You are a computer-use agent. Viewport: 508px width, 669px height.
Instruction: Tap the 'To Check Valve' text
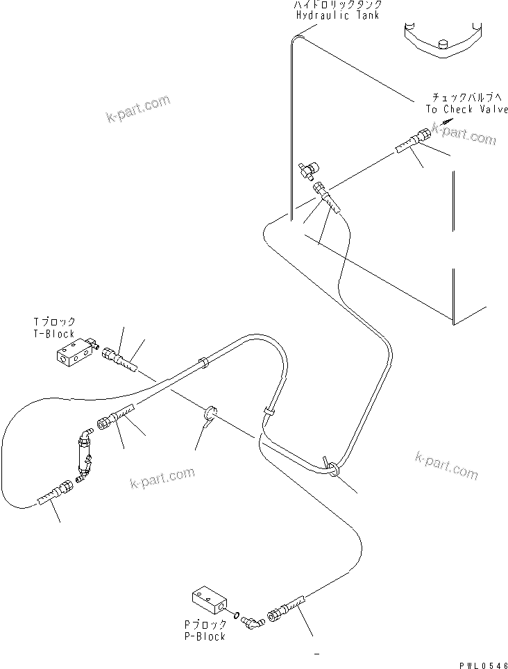tap(466, 109)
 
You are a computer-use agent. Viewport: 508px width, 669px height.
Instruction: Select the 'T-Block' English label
tap(54, 334)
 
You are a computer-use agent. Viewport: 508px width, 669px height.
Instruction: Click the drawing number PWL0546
tap(482, 663)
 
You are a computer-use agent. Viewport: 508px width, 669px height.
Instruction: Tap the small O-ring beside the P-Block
tap(237, 614)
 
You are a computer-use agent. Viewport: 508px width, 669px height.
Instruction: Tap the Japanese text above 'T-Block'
tap(54, 323)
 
